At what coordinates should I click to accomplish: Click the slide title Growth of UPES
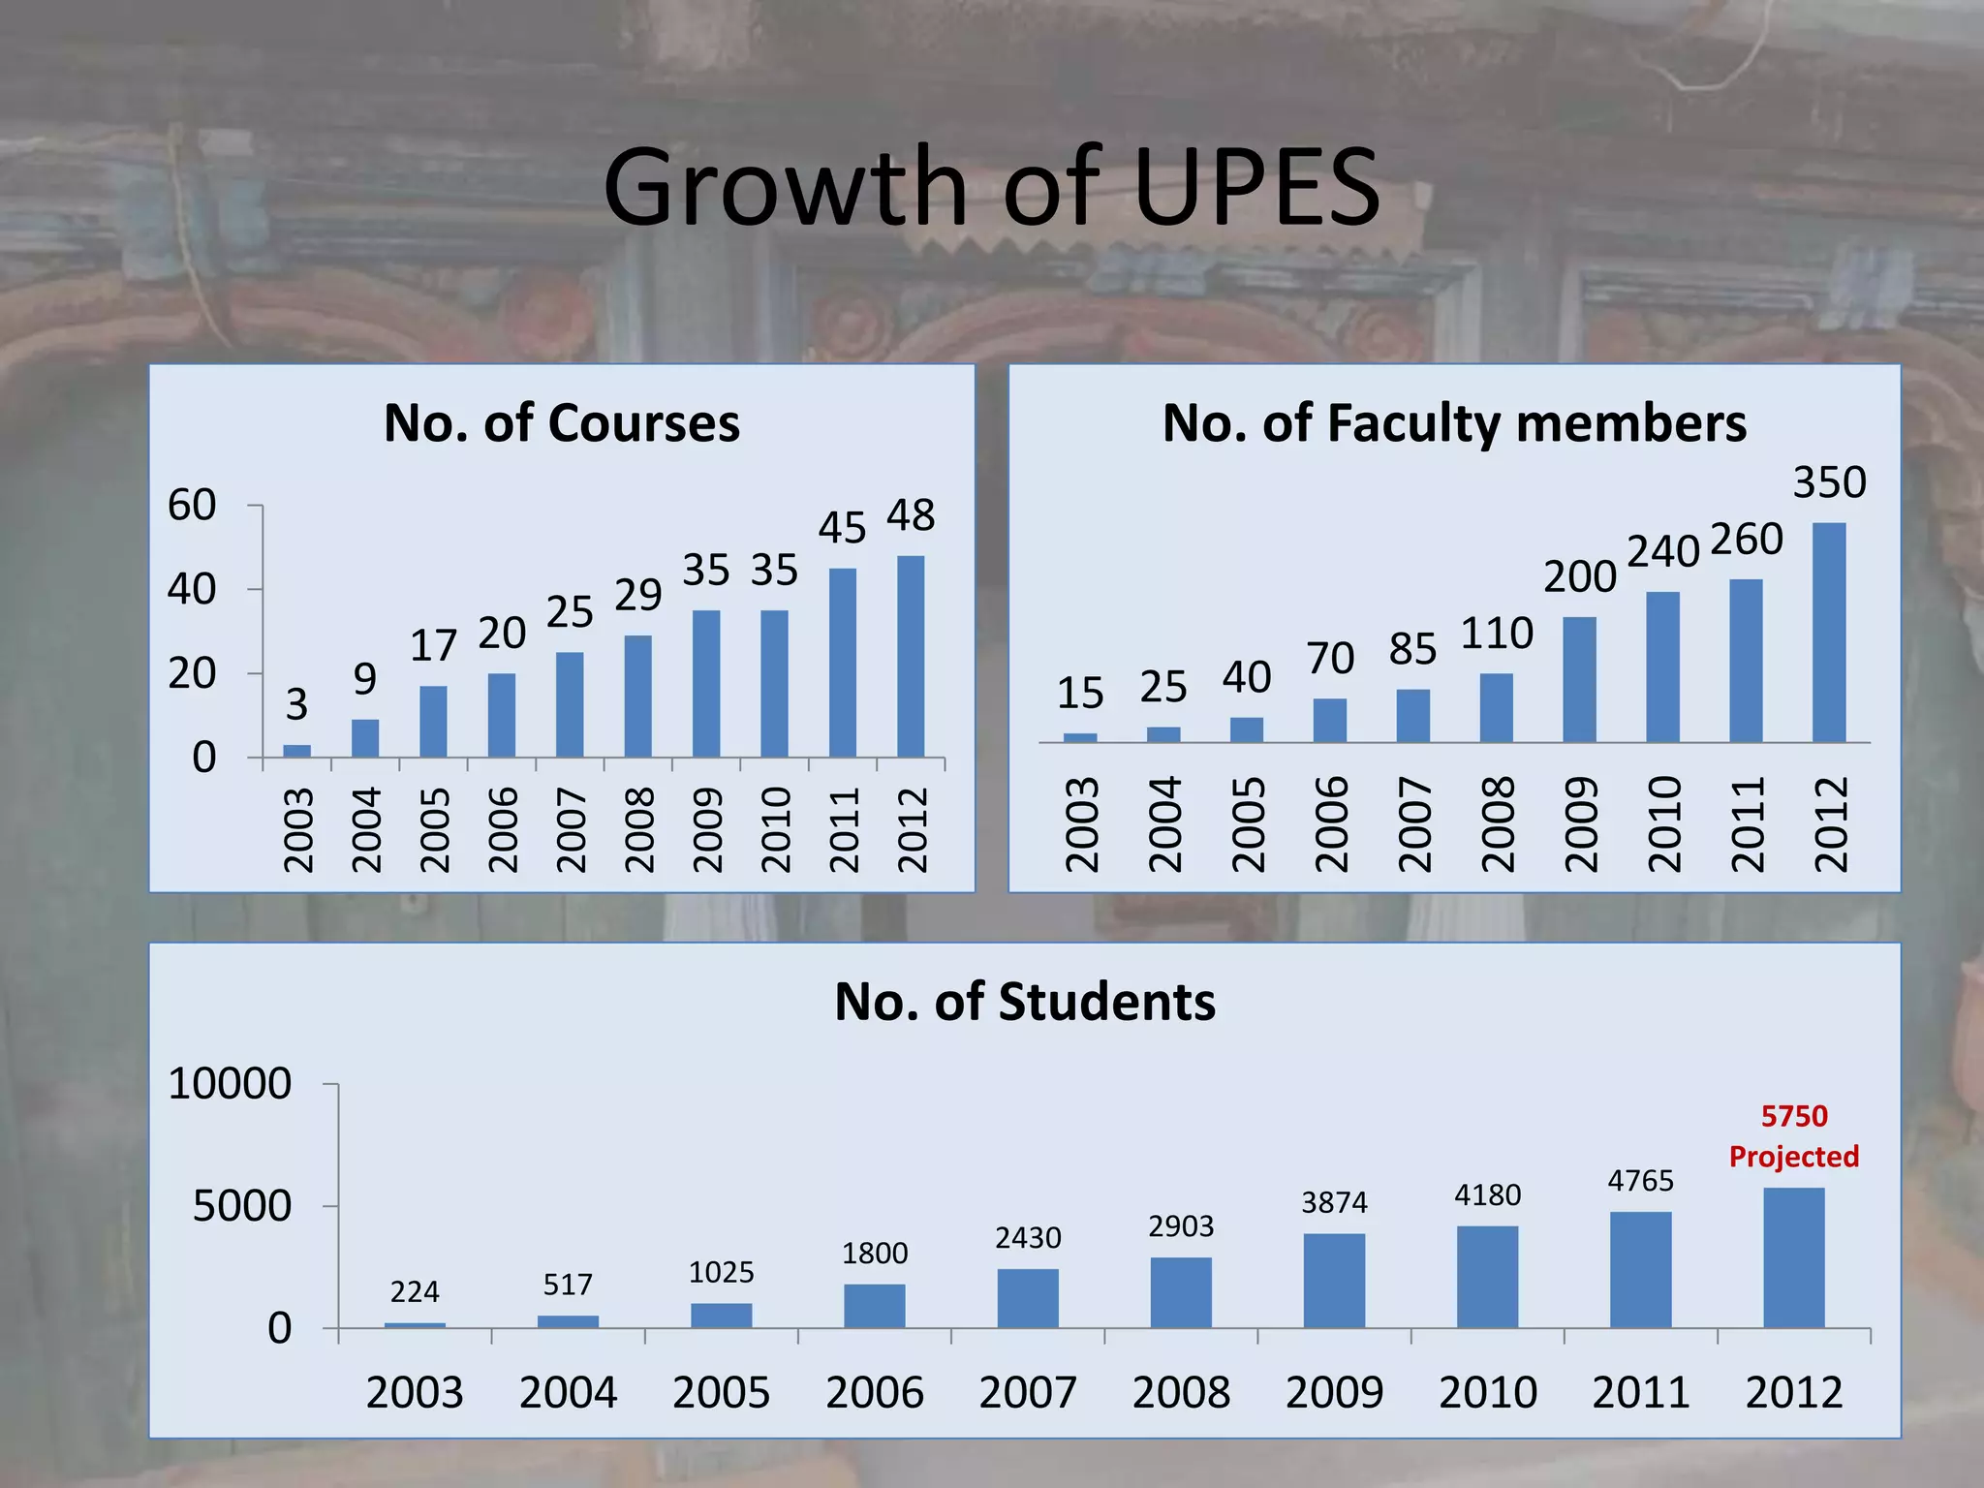point(991,186)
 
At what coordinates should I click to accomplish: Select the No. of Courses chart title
point(562,423)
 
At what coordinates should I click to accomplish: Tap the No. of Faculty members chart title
point(1454,423)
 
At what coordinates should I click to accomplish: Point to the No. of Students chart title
point(1025,1002)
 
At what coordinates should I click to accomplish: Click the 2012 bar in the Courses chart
point(911,656)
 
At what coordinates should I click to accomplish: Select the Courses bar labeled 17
point(433,722)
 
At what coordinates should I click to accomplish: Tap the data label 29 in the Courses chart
point(638,595)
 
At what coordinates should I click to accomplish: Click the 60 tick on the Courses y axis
point(192,505)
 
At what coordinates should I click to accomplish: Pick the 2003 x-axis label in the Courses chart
point(298,830)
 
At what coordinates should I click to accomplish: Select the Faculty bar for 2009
point(1580,680)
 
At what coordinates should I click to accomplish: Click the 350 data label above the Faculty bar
point(1829,482)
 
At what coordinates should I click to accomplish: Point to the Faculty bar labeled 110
point(1497,708)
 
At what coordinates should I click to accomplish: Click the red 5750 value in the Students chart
point(1794,1116)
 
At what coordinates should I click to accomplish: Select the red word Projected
point(1794,1157)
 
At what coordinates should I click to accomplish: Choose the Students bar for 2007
point(1028,1298)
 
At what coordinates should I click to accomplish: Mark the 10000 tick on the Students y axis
point(230,1083)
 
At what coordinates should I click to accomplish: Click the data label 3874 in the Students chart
point(1334,1202)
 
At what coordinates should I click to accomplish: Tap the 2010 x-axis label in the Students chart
point(1488,1392)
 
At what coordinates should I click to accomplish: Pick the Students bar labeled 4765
point(1641,1270)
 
